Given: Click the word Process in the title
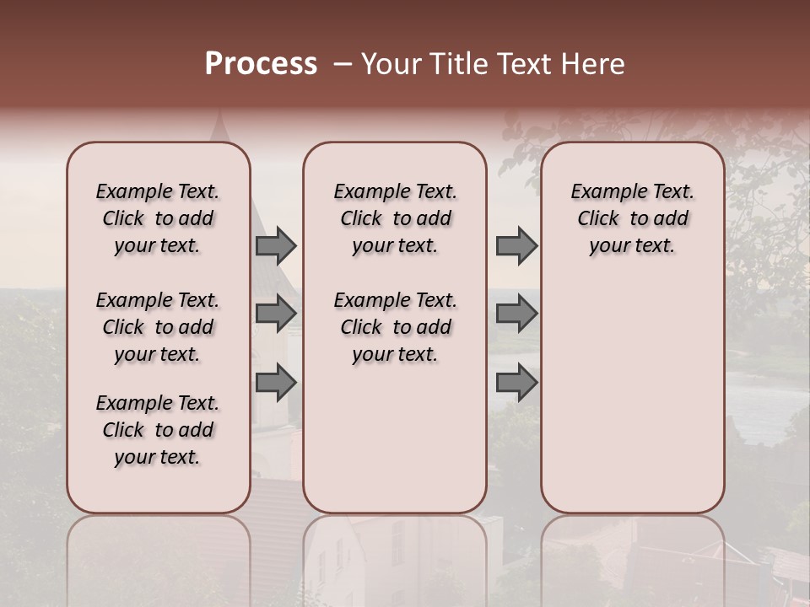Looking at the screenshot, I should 261,64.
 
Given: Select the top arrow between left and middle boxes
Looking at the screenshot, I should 276,246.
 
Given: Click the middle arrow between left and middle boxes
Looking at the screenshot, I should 276,314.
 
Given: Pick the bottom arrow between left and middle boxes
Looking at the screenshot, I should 276,383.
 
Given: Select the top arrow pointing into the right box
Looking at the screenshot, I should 516,246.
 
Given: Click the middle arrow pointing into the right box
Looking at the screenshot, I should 516,314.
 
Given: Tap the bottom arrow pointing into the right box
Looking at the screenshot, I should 516,383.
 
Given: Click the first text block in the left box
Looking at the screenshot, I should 158,218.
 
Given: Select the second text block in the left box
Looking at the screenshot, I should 158,327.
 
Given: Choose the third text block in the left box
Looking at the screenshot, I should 158,430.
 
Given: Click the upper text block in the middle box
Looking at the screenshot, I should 395,218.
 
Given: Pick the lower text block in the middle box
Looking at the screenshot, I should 395,327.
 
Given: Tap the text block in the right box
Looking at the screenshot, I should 632,218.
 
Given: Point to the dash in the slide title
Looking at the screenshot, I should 341,64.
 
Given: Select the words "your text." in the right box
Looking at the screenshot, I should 632,246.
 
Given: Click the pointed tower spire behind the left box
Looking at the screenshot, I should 221,126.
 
